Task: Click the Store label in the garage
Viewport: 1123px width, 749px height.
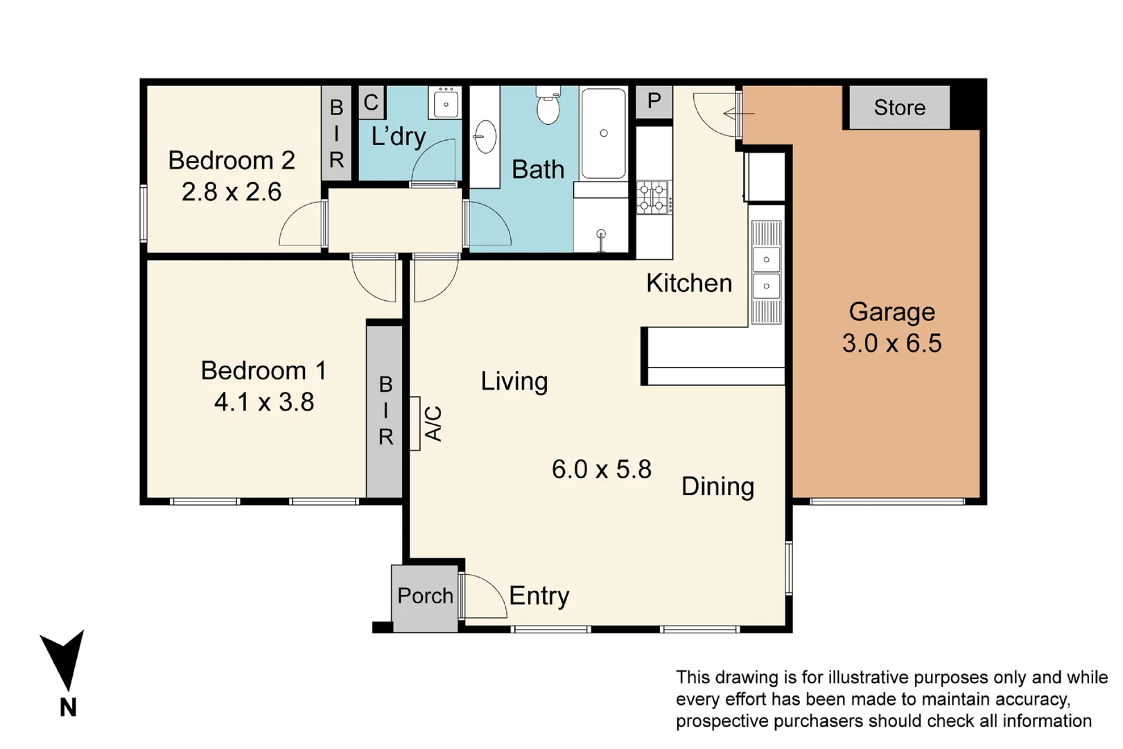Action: pyautogui.click(x=899, y=107)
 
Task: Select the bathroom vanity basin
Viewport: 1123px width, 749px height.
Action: pyautogui.click(x=485, y=137)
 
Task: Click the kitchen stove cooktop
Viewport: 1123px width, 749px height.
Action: pyautogui.click(x=654, y=197)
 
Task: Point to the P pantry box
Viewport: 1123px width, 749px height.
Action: pyautogui.click(x=654, y=101)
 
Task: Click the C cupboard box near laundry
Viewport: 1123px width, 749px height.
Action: pyautogui.click(x=371, y=103)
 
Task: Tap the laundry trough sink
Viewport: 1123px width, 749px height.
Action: pyautogui.click(x=445, y=104)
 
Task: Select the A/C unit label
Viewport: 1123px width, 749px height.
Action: pyautogui.click(x=432, y=424)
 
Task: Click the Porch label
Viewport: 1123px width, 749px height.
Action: pyautogui.click(x=425, y=596)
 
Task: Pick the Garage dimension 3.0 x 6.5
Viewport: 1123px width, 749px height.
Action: pyautogui.click(x=891, y=343)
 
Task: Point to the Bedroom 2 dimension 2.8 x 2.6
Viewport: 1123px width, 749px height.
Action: pyautogui.click(x=231, y=192)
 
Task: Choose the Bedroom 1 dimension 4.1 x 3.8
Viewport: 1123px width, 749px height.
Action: pyautogui.click(x=263, y=402)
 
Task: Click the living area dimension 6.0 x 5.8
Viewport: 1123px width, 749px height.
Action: pyautogui.click(x=601, y=470)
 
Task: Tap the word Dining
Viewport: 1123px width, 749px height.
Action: pyautogui.click(x=717, y=486)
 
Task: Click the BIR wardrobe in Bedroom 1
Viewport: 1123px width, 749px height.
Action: pyautogui.click(x=385, y=411)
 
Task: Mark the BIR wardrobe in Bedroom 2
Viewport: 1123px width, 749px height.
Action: pyautogui.click(x=336, y=133)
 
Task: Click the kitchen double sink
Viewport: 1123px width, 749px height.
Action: pyautogui.click(x=766, y=273)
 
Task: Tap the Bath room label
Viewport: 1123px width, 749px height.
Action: pyautogui.click(x=537, y=170)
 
